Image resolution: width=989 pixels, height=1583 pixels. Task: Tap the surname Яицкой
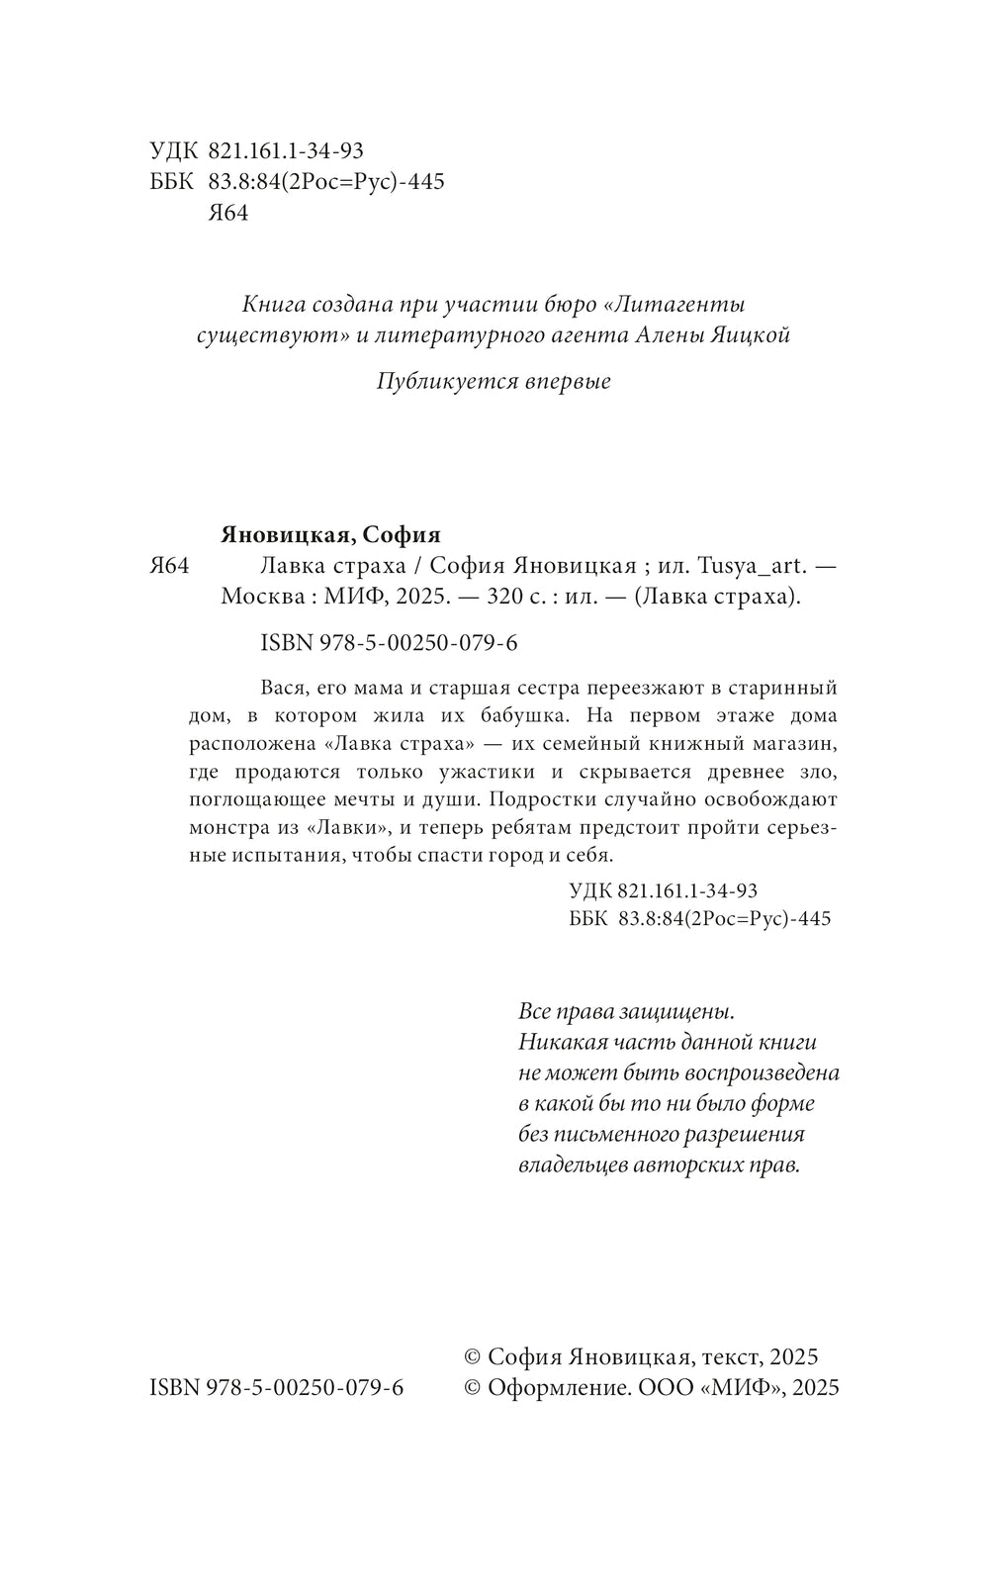click(x=751, y=335)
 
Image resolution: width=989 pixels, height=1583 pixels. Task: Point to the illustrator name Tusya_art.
click(x=755, y=567)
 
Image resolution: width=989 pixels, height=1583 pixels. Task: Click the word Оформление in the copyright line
click(x=561, y=1387)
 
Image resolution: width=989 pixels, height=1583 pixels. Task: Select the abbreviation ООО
click(x=666, y=1387)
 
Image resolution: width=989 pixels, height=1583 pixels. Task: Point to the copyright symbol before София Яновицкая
click(x=473, y=1357)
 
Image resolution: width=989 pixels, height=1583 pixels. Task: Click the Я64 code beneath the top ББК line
click(x=228, y=214)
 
